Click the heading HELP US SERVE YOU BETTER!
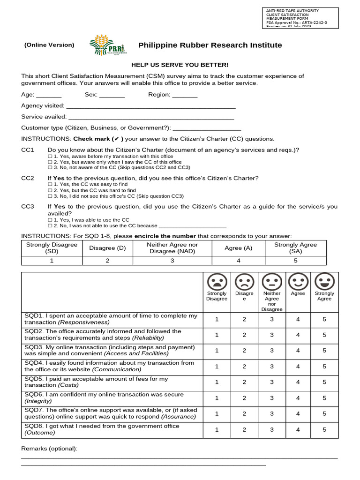(x=180, y=65)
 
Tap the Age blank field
(x=49, y=95)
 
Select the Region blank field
(x=185, y=95)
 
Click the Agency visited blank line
(x=150, y=106)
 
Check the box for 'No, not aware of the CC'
(x=50, y=168)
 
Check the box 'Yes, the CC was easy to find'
(x=50, y=185)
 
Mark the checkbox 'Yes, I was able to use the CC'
(x=50, y=220)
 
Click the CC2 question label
(x=28, y=178)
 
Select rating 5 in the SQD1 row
(x=324, y=319)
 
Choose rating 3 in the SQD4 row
(x=272, y=367)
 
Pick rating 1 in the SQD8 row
(x=217, y=429)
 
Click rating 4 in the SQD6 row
(x=298, y=398)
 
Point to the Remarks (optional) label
(x=49, y=449)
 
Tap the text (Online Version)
(x=49, y=45)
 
